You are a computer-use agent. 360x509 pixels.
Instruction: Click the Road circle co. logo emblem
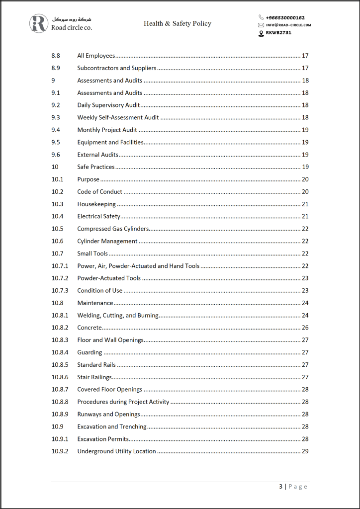coord(39,23)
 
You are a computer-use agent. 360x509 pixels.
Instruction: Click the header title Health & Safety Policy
coord(178,23)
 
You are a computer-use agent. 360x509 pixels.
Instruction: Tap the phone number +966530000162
coord(285,17)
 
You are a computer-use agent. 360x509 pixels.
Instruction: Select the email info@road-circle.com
coord(288,25)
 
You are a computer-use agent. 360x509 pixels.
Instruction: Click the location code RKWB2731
coord(278,33)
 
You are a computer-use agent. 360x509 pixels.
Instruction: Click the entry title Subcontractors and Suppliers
coord(117,68)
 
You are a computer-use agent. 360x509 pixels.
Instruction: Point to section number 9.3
coord(56,117)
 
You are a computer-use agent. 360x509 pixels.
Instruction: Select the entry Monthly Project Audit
coord(107,130)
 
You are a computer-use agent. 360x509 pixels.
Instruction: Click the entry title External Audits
coord(97,155)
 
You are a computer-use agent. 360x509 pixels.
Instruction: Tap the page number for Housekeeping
coord(305,204)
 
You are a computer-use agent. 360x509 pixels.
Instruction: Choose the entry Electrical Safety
coord(98,216)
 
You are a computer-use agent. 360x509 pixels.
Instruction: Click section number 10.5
coord(57,229)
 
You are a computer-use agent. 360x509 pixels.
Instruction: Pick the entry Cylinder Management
coord(107,241)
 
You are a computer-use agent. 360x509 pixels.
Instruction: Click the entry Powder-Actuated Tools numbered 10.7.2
coord(109,278)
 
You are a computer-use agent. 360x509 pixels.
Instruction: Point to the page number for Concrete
coord(305,328)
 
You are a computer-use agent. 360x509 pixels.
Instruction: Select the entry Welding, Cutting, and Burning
coord(118,315)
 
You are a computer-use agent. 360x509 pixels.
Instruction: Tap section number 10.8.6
coord(60,377)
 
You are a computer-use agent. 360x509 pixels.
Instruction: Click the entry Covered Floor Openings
coord(109,390)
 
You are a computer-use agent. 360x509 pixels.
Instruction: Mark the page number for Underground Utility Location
coord(305,451)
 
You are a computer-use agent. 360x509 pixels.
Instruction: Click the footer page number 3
coord(281,487)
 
